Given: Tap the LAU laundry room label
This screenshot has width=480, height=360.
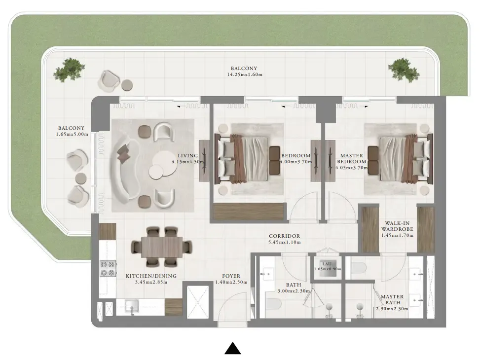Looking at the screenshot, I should click(x=327, y=264).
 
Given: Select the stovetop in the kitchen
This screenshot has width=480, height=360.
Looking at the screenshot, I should click(x=107, y=268).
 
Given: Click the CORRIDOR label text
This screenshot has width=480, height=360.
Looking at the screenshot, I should click(x=284, y=236).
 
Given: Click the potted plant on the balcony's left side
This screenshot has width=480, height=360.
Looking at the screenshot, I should click(x=68, y=70).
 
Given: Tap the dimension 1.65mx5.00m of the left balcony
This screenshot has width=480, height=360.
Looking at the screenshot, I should click(x=72, y=134).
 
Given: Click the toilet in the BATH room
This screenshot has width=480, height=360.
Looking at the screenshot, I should click(x=273, y=305).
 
